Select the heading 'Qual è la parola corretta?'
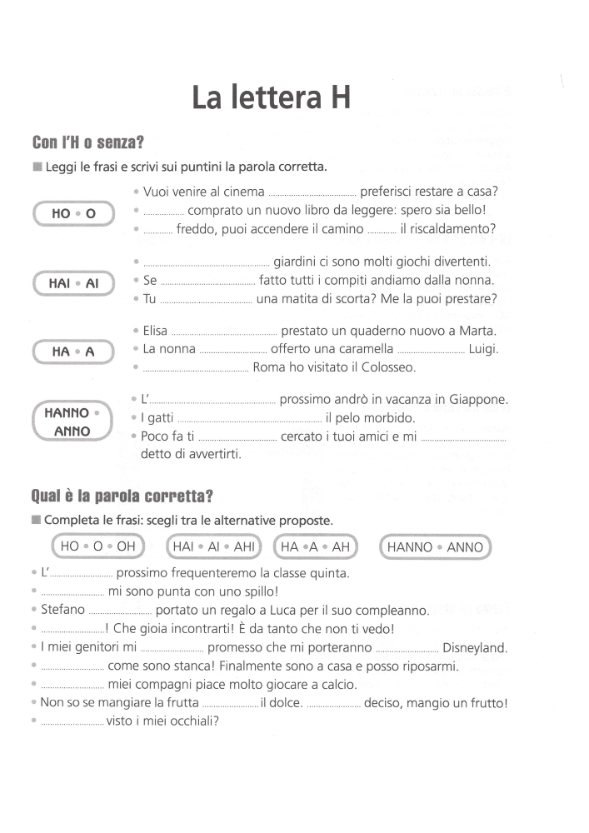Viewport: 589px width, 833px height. pyautogui.click(x=122, y=496)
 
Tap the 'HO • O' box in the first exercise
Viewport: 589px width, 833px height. pyautogui.click(x=73, y=214)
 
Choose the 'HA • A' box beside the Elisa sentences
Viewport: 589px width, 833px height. pyautogui.click(x=73, y=352)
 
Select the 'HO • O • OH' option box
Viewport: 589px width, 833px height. pyautogui.click(x=97, y=547)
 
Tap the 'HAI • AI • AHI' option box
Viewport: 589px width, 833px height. pyautogui.click(x=214, y=547)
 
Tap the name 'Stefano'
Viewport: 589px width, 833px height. pyautogui.click(x=62, y=611)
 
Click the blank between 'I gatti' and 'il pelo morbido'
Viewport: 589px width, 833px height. pyautogui.click(x=249, y=418)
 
